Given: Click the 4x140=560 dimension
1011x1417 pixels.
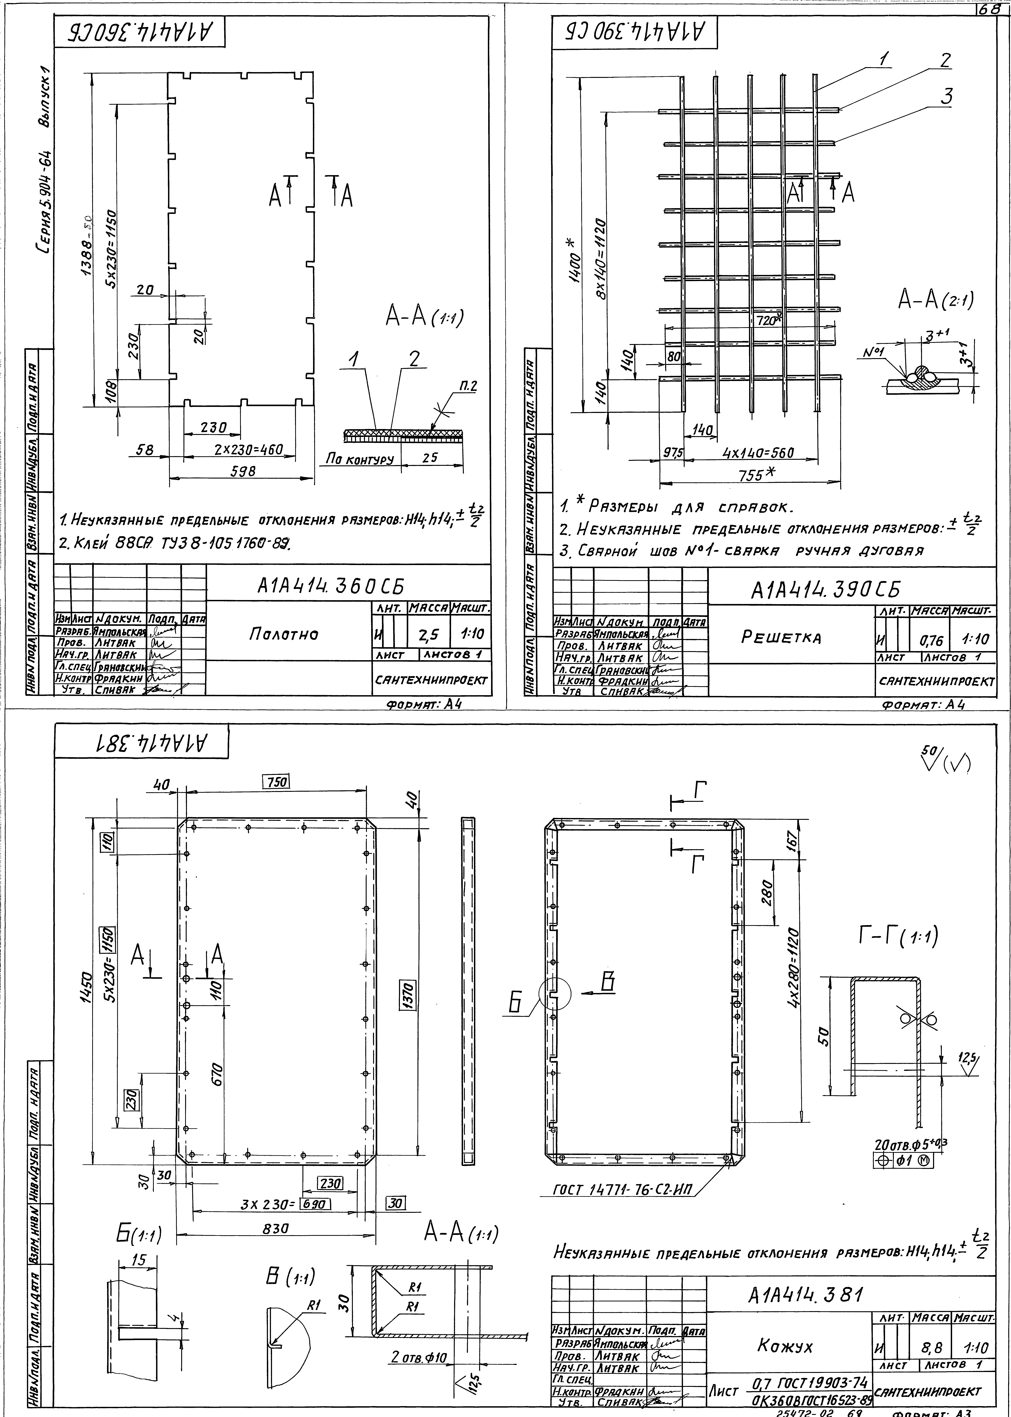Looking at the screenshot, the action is pos(758,453).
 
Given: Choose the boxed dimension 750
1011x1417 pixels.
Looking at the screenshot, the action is pos(276,782).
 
